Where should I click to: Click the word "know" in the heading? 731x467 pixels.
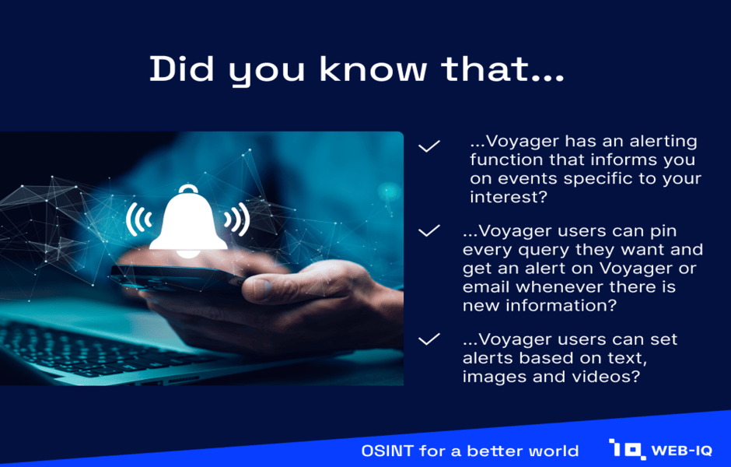coord(373,69)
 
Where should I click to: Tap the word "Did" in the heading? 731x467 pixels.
coord(181,69)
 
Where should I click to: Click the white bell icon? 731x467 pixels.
coord(188,221)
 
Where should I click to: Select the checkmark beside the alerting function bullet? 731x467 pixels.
coord(429,146)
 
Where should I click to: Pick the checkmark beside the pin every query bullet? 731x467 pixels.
coord(429,230)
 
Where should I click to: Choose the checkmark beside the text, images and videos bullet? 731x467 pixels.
coord(429,339)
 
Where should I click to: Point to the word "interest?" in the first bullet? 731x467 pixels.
coord(508,197)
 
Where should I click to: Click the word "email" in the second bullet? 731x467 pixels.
coord(486,286)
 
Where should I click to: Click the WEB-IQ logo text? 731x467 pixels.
coord(681,451)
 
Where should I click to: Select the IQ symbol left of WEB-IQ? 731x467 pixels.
coord(627,449)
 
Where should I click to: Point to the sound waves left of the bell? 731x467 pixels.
coord(138,219)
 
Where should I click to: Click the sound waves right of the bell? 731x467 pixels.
coord(237,219)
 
